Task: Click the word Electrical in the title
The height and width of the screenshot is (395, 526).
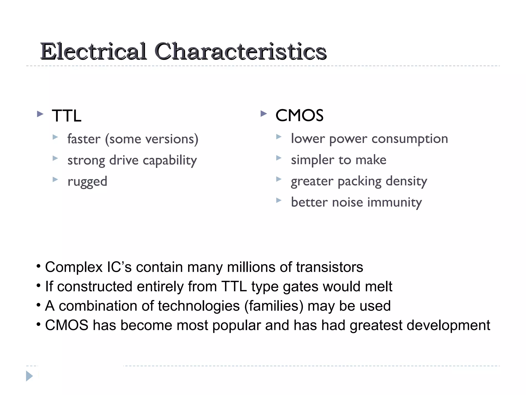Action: click(93, 51)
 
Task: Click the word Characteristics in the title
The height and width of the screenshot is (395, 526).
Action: click(240, 51)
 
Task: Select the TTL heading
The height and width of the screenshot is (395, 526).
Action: click(67, 116)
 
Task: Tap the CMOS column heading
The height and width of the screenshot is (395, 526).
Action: click(299, 115)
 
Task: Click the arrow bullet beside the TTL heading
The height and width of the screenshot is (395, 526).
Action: click(40, 114)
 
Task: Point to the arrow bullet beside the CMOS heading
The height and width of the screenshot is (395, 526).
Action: click(264, 113)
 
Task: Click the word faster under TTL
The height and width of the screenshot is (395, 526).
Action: click(84, 139)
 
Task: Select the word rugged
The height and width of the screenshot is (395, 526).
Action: click(87, 182)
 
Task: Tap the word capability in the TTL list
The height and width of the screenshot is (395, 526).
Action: click(170, 160)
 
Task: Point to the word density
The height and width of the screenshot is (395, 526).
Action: click(406, 181)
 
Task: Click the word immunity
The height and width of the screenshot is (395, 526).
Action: click(394, 202)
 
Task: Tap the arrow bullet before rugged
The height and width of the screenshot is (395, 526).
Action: click(55, 179)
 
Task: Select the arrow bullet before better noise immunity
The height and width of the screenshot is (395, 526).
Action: click(279, 200)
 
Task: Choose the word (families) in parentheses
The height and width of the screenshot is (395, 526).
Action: click(274, 306)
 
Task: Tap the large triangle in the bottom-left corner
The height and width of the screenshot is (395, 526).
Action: click(29, 376)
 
